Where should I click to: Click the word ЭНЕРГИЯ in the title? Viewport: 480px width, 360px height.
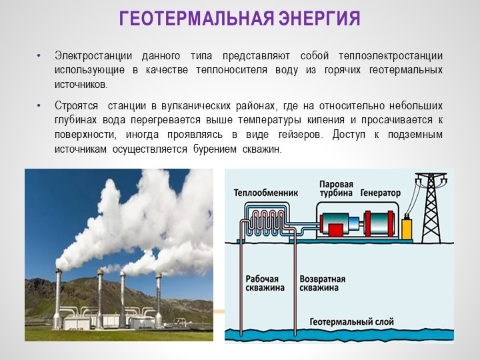pos(319,18)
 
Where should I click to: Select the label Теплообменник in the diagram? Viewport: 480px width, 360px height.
pos(266,193)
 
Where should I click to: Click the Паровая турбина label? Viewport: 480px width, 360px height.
pos(336,189)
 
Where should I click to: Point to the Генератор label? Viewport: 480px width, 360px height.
pos(381,193)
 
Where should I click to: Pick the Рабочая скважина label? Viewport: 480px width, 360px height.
pos(265,283)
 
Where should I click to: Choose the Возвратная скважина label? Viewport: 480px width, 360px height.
pos(323,283)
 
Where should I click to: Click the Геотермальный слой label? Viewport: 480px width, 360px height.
pos(352,322)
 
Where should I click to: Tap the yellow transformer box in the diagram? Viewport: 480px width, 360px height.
pos(406,228)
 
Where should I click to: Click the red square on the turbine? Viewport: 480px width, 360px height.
pos(335,229)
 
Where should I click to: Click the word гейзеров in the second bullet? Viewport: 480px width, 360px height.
pos(301,135)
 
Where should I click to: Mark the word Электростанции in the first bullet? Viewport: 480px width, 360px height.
pos(93,56)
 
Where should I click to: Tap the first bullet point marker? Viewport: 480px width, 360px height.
pos(39,56)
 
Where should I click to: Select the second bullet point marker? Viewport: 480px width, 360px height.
pos(39,105)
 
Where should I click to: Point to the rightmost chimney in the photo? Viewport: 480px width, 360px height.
pos(158,301)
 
